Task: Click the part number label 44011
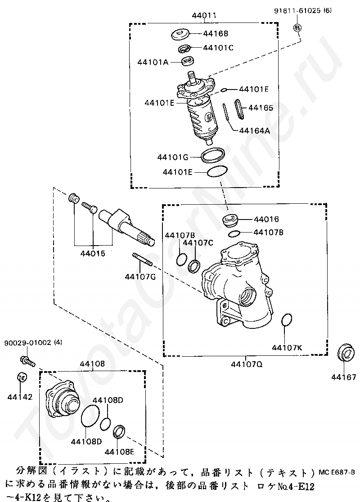pos(204,15)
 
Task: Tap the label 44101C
pos(218,48)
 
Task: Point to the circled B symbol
pos(297,28)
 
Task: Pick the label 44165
pos(261,108)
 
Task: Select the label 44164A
pos(254,130)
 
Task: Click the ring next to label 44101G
pos(212,155)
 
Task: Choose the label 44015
pos(93,254)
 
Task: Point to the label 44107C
pos(198,242)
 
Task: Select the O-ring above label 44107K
pos(287,320)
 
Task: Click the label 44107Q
pos(247,364)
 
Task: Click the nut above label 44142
pos(22,377)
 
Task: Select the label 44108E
pos(119,452)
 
